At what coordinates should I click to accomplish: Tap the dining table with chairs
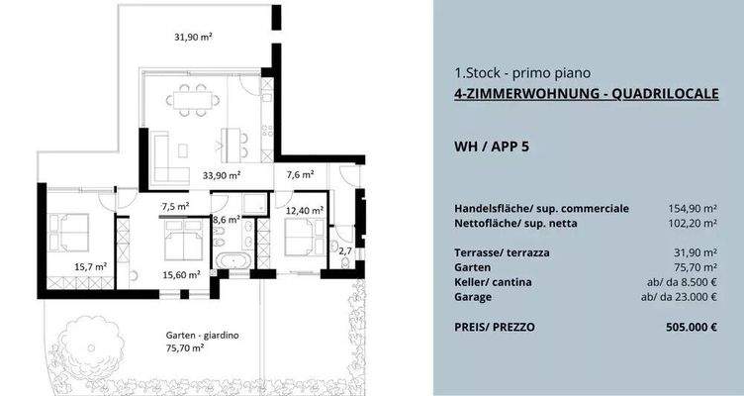pyautogui.click(x=193, y=99)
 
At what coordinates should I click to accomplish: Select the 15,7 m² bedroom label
pyautogui.click(x=90, y=266)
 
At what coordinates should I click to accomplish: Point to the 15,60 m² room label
pyautogui.click(x=181, y=274)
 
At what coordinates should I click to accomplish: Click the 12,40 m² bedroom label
pyautogui.click(x=303, y=211)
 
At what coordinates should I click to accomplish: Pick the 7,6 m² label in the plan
pyautogui.click(x=300, y=175)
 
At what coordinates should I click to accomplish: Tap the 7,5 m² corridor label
pyautogui.click(x=175, y=207)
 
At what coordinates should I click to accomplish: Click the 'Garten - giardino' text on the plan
pyautogui.click(x=202, y=336)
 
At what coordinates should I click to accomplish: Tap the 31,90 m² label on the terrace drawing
pyautogui.click(x=194, y=37)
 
